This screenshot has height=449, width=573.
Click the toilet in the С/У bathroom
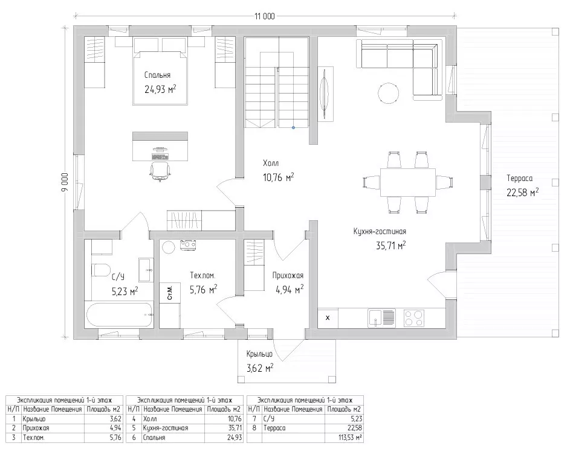pyautogui.click(x=101, y=270)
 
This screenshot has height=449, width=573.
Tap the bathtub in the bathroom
pyautogui.click(x=118, y=315)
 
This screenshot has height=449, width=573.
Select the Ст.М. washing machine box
pyautogui.click(x=170, y=292)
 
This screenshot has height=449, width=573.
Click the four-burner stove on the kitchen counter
pyautogui.click(x=414, y=317)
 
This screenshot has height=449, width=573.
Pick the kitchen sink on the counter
pyautogui.click(x=381, y=317)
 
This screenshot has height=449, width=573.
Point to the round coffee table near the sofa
pyautogui.click(x=389, y=94)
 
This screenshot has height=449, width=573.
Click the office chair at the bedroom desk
pyautogui.click(x=160, y=171)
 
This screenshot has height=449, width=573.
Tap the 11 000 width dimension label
pyautogui.click(x=265, y=16)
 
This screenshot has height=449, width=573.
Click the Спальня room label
pyautogui.click(x=157, y=75)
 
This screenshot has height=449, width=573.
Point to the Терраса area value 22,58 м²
pyautogui.click(x=522, y=193)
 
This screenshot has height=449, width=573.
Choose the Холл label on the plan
pyautogui.click(x=271, y=163)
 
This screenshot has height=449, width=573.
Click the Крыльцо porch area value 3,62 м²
pyautogui.click(x=260, y=368)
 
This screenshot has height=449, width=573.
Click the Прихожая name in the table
pyautogui.click(x=36, y=428)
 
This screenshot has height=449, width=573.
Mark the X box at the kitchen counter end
pyautogui.click(x=328, y=317)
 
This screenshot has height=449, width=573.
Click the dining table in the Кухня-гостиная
pyautogui.click(x=408, y=182)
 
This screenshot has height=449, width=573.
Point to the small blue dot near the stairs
pyautogui.click(x=293, y=128)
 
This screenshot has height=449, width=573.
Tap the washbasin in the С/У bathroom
pyautogui.click(x=146, y=270)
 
